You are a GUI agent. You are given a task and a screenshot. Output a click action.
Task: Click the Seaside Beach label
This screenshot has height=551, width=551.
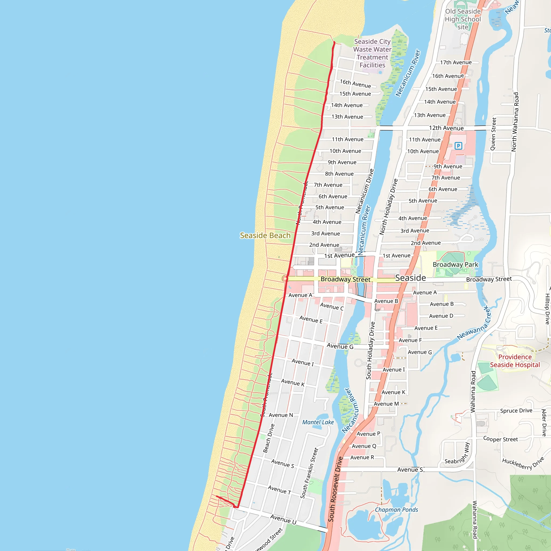click(265, 235)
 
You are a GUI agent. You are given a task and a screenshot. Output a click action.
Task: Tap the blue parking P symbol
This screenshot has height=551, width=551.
click(458, 146)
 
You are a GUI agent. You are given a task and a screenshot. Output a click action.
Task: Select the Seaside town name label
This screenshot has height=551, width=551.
click(410, 278)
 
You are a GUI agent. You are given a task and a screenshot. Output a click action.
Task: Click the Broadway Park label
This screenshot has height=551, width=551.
click(455, 264)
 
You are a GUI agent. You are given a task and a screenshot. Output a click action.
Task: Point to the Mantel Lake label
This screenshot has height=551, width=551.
click(318, 422)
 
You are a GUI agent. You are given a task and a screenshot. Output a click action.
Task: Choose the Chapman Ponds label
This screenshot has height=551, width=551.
click(396, 510)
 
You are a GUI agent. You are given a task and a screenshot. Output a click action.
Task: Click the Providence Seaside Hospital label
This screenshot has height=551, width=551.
click(515, 361)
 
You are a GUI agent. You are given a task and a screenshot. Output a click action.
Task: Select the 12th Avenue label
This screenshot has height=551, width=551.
click(446, 128)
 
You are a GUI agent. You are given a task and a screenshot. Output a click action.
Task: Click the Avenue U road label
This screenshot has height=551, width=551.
click(283, 519)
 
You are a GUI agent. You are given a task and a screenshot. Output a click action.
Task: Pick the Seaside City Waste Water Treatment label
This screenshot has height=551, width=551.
click(372, 53)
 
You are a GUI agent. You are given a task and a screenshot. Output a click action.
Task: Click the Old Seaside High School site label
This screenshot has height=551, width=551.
click(462, 19)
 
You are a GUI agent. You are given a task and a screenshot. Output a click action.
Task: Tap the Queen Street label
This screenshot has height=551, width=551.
click(493, 134)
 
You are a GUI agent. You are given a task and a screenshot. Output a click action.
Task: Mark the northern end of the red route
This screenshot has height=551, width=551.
click(334, 42)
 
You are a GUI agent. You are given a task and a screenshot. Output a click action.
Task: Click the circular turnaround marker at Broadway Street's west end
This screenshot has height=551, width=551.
click(285, 279)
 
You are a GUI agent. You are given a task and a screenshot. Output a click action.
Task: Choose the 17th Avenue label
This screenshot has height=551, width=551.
click(456, 62)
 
